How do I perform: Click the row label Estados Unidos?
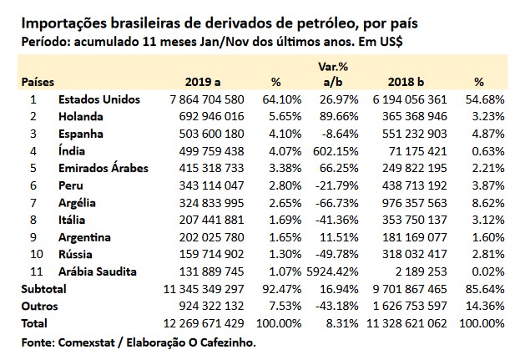pyautogui.click(x=98, y=99)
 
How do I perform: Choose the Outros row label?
pyautogui.click(x=37, y=305)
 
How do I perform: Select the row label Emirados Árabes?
pyautogui.click(x=103, y=168)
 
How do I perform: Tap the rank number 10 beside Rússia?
pyautogui.click(x=35, y=254)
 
